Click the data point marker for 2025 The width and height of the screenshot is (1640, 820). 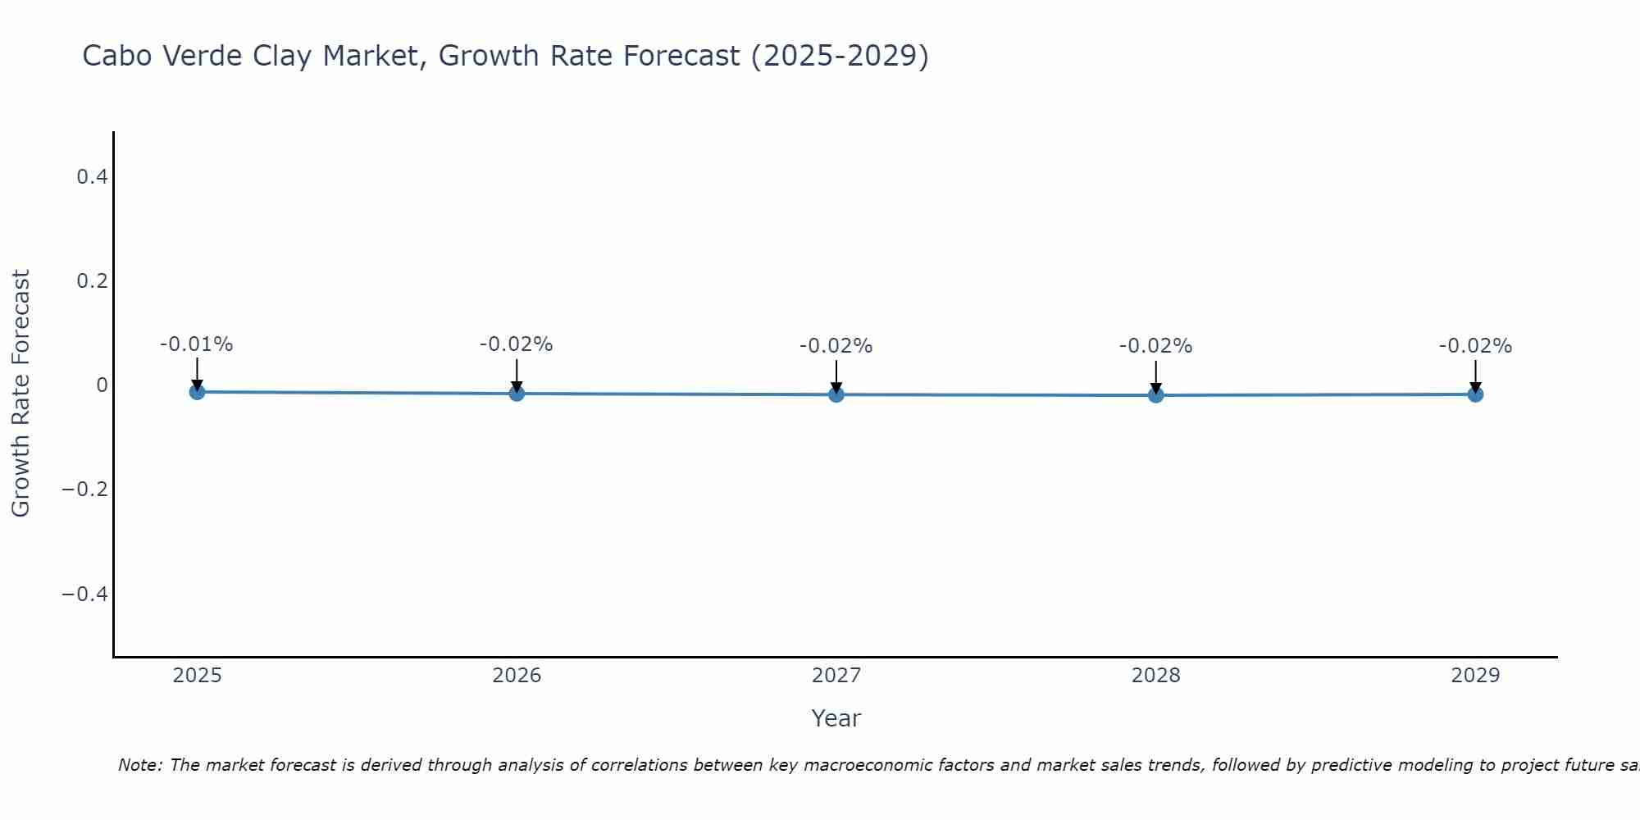[197, 392]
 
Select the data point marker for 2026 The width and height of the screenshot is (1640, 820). [517, 394]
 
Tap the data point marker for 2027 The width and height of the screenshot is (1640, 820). [836, 394]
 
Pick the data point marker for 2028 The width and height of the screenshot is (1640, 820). [1155, 395]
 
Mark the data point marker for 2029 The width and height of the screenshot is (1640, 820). [1475, 394]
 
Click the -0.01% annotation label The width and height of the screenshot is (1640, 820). [197, 344]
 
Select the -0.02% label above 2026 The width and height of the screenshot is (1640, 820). [517, 344]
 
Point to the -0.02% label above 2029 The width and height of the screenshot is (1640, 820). [1475, 346]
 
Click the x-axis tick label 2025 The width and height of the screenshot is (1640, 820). [197, 676]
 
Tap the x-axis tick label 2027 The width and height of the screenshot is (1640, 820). [836, 676]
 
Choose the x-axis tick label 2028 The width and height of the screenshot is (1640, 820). [1155, 676]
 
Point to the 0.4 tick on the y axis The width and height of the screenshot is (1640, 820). [92, 176]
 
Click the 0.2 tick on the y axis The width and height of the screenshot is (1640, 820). [92, 280]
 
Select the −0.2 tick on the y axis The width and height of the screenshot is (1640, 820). [85, 490]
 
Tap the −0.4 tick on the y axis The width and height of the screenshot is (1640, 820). [85, 594]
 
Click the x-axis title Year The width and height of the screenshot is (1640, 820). [836, 718]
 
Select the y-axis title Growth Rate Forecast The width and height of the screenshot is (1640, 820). [20, 394]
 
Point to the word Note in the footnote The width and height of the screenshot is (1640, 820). [139, 765]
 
